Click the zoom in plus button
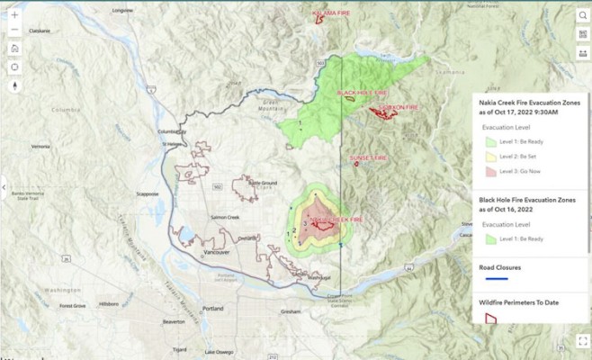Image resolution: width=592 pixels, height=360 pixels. [x=14, y=15]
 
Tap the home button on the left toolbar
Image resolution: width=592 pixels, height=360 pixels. [x=14, y=48]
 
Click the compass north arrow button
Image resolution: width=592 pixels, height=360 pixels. [x=14, y=86]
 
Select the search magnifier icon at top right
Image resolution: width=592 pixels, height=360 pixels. [x=582, y=35]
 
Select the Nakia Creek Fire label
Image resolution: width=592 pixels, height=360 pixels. [x=336, y=220]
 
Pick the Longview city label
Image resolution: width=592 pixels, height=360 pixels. [x=121, y=10]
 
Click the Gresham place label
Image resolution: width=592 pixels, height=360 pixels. [x=290, y=311]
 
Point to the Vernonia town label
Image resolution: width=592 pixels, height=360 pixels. [x=40, y=146]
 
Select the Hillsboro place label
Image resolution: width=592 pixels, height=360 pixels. [x=109, y=304]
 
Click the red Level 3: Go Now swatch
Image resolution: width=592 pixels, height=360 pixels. [x=491, y=170]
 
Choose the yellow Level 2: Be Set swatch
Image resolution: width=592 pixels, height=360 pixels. [x=491, y=156]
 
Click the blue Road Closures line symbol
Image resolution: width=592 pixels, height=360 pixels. [x=491, y=279]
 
